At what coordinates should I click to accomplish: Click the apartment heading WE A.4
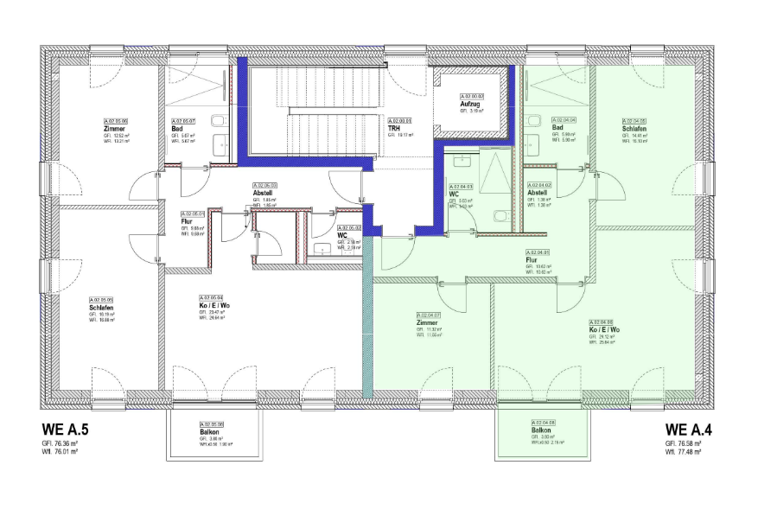tap(688, 429)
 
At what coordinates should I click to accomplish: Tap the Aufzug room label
tap(471, 104)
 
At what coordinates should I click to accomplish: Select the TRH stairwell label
tap(393, 128)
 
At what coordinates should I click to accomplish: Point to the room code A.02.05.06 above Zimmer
tap(116, 120)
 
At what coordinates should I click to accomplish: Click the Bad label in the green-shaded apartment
tap(557, 128)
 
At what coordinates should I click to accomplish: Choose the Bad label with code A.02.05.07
tap(176, 128)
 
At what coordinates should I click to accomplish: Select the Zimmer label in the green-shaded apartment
tap(427, 322)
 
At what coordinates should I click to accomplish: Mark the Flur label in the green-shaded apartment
tap(532, 258)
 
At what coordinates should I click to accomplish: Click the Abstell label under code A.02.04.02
tap(537, 193)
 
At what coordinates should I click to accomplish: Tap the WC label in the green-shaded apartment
tap(452, 194)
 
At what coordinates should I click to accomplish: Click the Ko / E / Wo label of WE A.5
tap(214, 306)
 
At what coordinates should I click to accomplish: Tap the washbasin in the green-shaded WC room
tap(462, 160)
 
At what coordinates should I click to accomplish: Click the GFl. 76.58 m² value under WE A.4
tap(682, 442)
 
